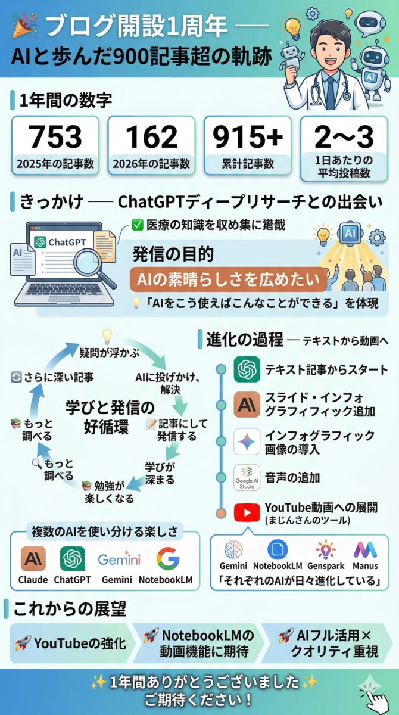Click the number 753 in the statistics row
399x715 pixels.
(55, 136)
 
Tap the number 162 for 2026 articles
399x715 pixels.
(151, 136)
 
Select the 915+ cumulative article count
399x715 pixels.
(248, 136)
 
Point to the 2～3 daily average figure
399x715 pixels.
(344, 136)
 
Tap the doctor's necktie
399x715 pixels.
(331, 92)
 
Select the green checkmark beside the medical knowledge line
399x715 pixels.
(138, 225)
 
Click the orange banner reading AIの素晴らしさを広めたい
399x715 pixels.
(228, 279)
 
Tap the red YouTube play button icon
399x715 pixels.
(247, 512)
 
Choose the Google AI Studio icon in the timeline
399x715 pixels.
(247, 477)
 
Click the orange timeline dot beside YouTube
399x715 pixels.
(221, 513)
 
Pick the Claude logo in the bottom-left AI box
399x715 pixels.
(33, 559)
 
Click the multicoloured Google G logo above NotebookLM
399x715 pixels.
(168, 559)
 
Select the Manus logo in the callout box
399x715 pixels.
(365, 549)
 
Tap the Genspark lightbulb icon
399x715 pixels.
(325, 549)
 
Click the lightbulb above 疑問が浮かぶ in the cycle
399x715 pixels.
(107, 337)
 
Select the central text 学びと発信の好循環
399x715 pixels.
(109, 417)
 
